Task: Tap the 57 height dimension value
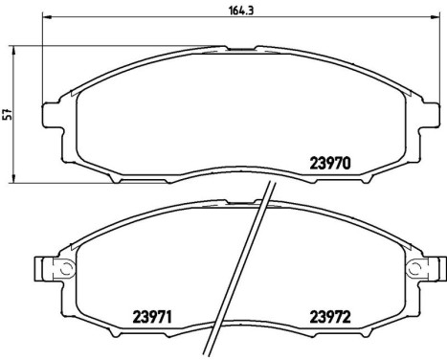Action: coord(8,113)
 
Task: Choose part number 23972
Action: coord(332,315)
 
